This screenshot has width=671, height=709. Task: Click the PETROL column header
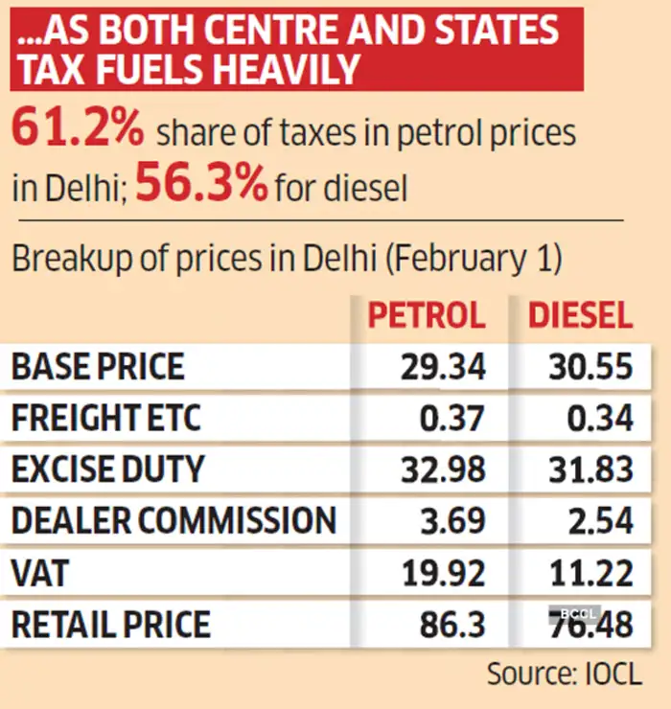point(427,315)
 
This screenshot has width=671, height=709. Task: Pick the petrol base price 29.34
point(445,366)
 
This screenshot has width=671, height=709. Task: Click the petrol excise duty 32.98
point(445,469)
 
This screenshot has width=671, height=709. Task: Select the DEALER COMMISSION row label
point(174,521)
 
